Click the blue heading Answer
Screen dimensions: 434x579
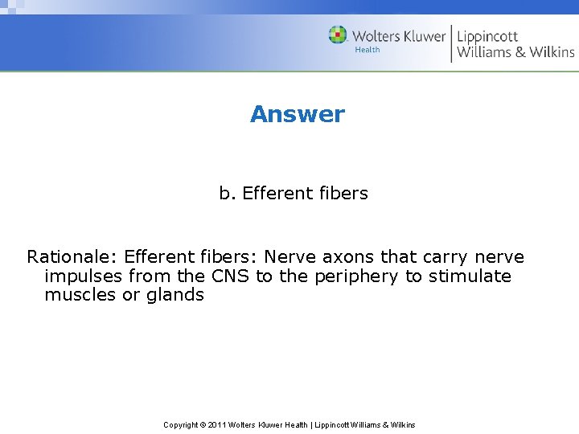click(297, 114)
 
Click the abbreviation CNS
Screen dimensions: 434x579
click(230, 276)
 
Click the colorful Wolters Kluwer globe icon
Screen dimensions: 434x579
click(338, 35)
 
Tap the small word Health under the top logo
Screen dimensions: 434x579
click(368, 50)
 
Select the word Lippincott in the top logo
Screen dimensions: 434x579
click(487, 36)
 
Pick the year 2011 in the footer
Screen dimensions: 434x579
click(217, 425)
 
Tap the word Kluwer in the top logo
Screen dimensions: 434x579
click(418, 35)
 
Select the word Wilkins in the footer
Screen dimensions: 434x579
click(402, 425)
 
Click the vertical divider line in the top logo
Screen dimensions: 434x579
click(451, 44)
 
